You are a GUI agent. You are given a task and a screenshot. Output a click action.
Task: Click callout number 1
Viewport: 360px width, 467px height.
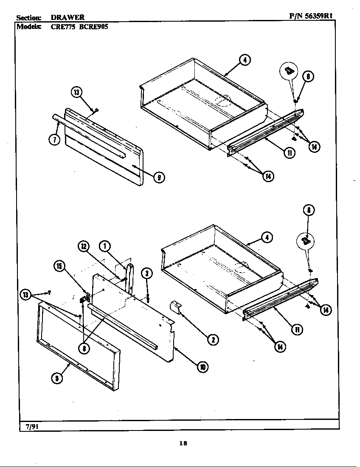pos(104,246)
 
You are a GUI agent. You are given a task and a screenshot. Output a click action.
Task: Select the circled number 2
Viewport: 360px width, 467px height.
pos(212,339)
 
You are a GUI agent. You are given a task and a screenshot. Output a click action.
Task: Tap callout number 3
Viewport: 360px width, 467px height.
pos(146,273)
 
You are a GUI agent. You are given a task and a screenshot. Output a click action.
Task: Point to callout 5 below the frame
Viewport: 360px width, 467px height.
pos(56,378)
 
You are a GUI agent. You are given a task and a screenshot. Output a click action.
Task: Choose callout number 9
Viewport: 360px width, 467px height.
pos(159,177)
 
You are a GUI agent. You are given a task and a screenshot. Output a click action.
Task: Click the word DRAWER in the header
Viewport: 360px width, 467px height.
pos(67,17)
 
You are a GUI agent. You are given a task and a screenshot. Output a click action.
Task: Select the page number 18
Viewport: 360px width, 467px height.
pos(183,444)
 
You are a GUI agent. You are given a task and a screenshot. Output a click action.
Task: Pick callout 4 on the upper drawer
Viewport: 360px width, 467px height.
pos(245,60)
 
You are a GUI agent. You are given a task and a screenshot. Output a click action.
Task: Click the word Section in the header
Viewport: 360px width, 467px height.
pos(29,17)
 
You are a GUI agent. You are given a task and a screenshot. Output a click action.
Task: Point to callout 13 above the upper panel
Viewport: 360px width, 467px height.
pos(76,93)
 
